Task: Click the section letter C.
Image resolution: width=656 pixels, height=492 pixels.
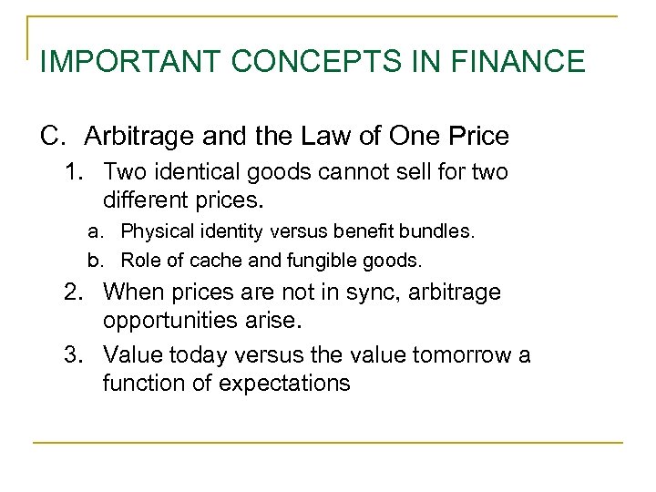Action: click(53, 137)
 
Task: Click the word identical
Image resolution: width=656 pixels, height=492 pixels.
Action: click(193, 172)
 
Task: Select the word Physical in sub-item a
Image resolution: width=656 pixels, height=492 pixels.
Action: click(155, 231)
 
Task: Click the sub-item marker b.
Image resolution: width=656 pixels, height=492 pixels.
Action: click(95, 260)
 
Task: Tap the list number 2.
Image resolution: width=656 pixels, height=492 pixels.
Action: click(72, 293)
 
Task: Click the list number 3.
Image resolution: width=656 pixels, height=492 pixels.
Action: click(72, 354)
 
